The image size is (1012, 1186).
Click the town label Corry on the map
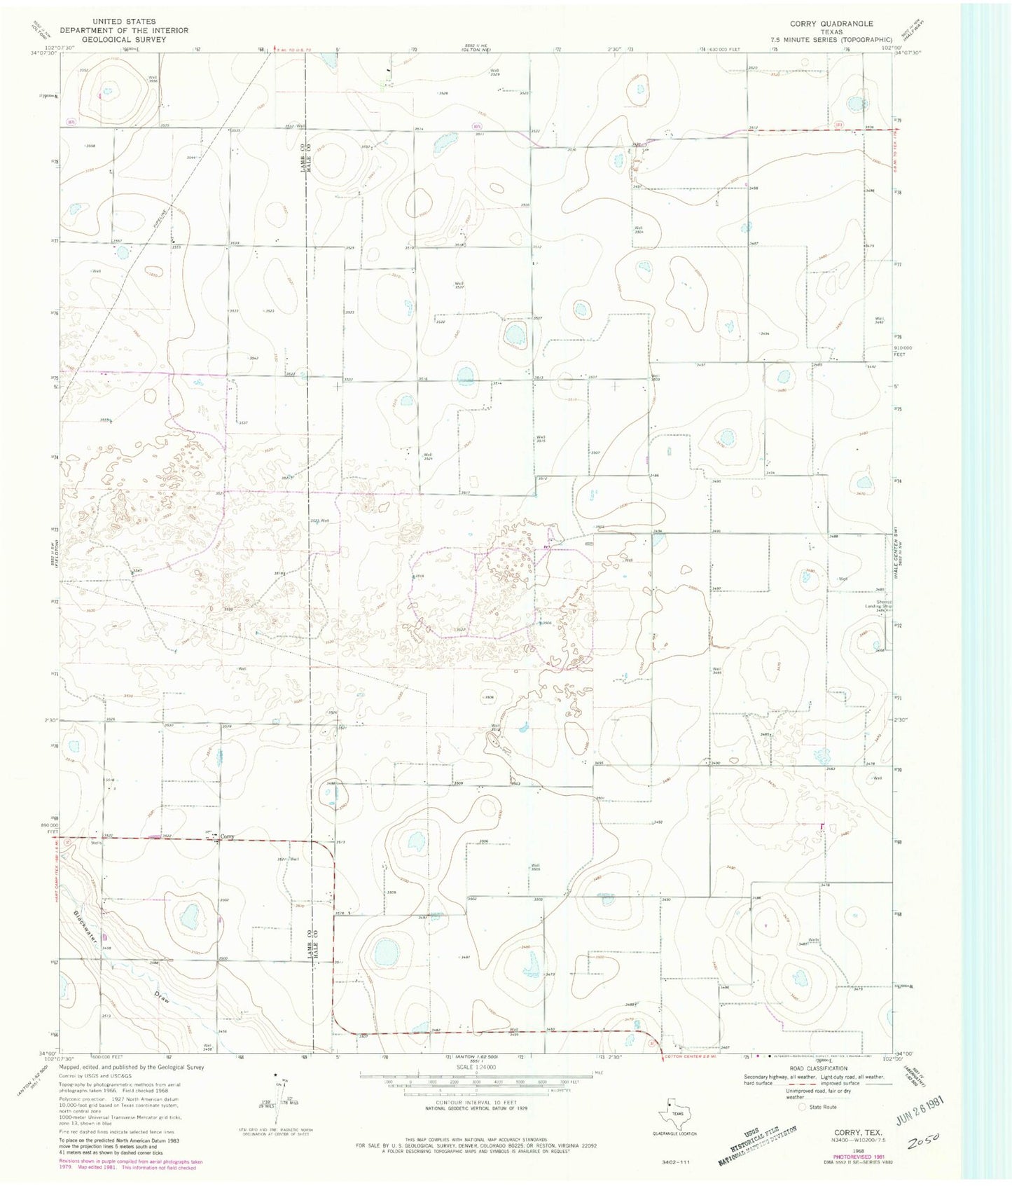pos(227,836)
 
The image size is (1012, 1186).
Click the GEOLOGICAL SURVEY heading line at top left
pos(123,39)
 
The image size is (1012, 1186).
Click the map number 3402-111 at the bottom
pos(675,1162)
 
